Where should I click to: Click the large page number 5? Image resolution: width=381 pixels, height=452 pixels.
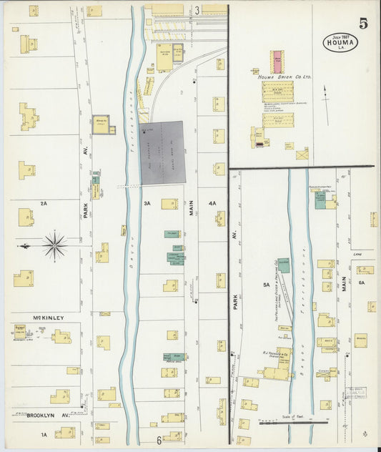pos(364,23)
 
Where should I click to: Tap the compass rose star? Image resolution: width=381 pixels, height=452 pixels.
pos(54,245)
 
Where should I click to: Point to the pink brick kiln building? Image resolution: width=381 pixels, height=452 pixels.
pos(276,62)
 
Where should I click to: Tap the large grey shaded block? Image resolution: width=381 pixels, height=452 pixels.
pos(162,151)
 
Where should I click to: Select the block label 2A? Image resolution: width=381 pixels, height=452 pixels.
pos(44,204)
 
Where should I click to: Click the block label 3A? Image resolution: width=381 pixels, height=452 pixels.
pos(147,204)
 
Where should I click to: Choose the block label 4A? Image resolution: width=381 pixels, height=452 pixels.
pos(212,204)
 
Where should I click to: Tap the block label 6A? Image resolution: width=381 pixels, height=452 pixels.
pos(362,283)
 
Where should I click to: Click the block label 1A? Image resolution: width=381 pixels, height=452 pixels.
pos(44,434)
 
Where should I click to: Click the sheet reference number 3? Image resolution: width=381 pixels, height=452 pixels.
pos(197,10)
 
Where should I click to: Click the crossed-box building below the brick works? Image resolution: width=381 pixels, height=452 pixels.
pos(302,153)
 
